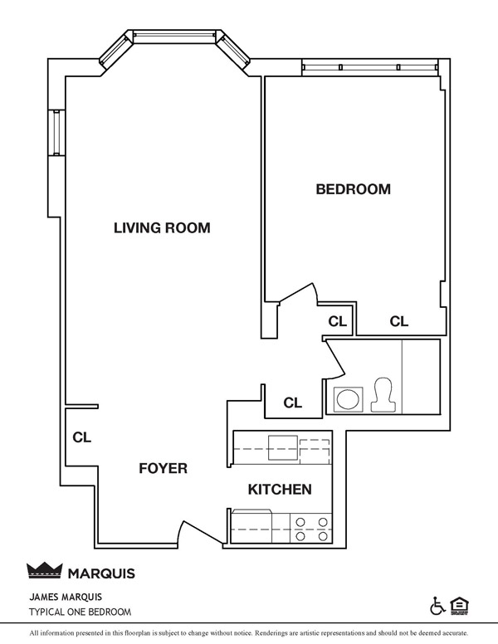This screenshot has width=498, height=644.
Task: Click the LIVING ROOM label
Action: (162, 227)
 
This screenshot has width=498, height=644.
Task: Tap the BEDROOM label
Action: (353, 189)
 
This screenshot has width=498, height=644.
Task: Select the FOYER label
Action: (163, 468)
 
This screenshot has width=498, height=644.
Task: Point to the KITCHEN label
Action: (280, 490)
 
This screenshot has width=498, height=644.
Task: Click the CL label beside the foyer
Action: (81, 436)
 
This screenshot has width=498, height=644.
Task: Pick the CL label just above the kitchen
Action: (292, 403)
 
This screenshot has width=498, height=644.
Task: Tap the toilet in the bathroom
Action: (384, 395)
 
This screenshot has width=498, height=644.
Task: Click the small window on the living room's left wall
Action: (56, 133)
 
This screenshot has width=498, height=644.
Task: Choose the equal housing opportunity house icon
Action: (456, 604)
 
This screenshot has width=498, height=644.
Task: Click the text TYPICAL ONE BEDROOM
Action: (80, 612)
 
